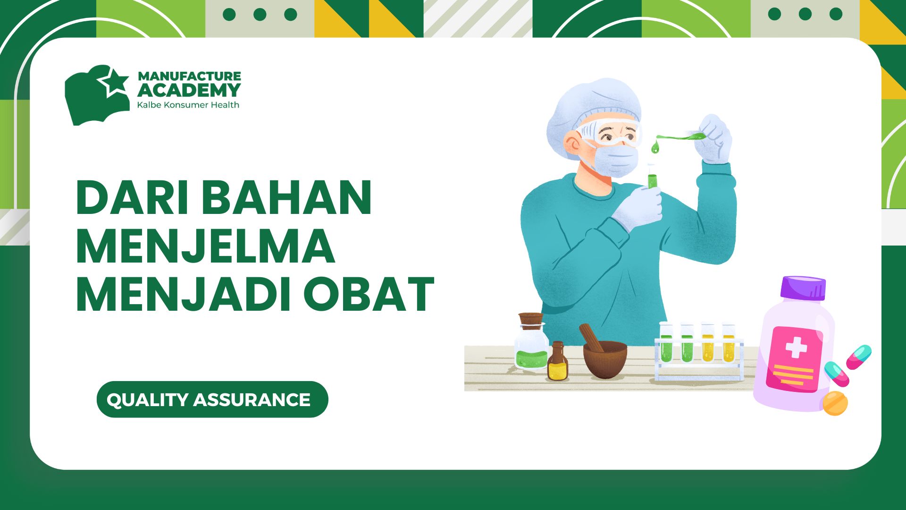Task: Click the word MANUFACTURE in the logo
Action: [189, 76]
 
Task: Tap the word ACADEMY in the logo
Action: [189, 90]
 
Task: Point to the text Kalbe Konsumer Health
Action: [188, 105]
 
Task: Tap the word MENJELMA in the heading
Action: [206, 246]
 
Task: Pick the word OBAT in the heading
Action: [369, 295]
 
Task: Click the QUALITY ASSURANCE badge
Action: [212, 399]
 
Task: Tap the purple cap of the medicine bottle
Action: [803, 288]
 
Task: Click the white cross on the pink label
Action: [796, 349]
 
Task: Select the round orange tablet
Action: [835, 403]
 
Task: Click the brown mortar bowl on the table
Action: [605, 359]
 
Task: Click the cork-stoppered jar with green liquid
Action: [531, 341]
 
